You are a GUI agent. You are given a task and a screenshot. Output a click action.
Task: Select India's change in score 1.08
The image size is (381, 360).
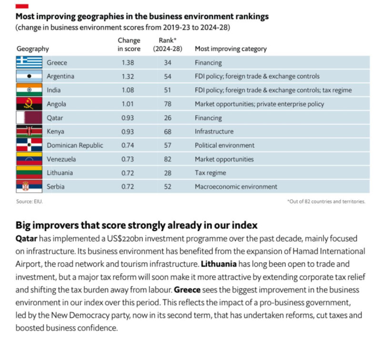tap(129, 90)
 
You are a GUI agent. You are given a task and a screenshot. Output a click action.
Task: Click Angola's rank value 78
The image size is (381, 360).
tap(167, 104)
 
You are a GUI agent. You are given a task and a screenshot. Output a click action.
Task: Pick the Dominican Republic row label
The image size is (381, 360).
tap(75, 145)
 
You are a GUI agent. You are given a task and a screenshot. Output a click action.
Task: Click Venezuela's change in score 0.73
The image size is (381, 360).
tap(129, 159)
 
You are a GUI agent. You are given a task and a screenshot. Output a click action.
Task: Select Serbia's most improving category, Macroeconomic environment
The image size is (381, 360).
tap(236, 187)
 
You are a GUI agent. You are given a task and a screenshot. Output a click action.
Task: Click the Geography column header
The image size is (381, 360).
tap(33, 49)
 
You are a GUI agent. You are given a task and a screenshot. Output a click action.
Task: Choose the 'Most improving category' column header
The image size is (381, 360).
tap(231, 49)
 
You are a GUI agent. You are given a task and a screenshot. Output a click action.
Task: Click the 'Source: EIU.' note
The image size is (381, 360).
tap(30, 202)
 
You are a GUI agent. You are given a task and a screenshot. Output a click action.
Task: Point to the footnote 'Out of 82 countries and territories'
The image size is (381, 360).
tap(326, 202)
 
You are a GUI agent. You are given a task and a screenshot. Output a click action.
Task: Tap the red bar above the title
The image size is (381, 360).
tap(22, 5)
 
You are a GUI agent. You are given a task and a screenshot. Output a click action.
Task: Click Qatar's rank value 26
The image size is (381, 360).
tap(167, 118)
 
